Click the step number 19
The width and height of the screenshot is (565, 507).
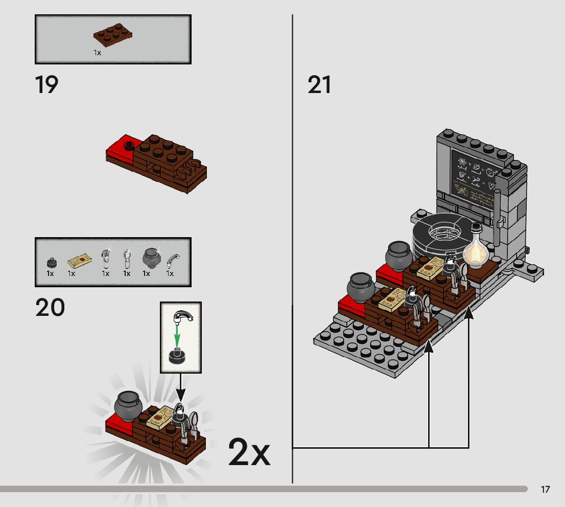click(x=46, y=85)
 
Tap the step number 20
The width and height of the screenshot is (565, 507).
click(x=50, y=308)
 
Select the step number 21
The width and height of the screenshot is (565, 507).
click(x=319, y=85)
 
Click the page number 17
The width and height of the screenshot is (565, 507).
click(x=545, y=490)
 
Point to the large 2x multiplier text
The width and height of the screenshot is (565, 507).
click(x=249, y=452)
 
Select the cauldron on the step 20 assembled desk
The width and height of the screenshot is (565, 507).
click(x=128, y=405)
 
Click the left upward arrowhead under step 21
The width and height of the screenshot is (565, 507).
click(x=429, y=347)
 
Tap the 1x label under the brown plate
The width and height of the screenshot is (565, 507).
click(x=97, y=53)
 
